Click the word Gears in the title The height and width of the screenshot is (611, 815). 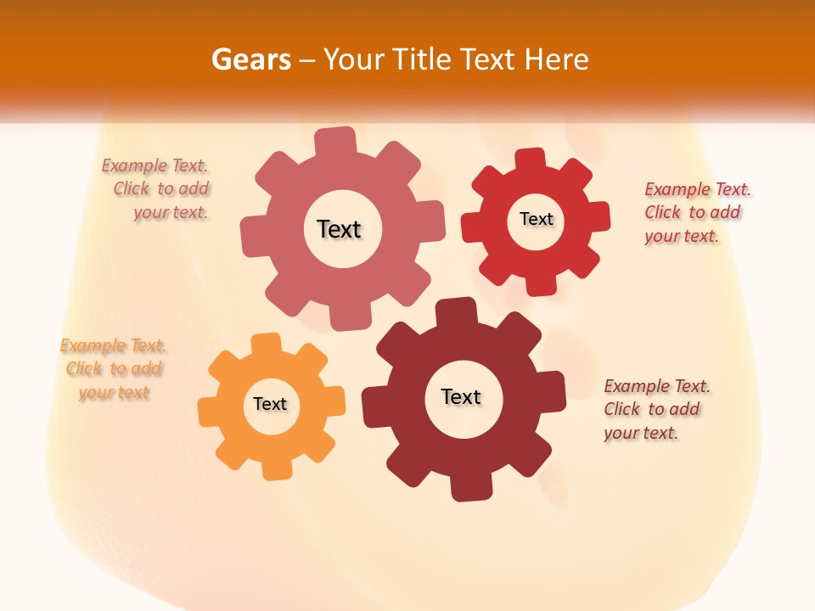[x=250, y=59]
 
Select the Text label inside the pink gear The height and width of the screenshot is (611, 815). [x=339, y=229]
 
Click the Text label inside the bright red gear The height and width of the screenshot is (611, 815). [x=537, y=219]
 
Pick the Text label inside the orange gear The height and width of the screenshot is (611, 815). [x=270, y=404]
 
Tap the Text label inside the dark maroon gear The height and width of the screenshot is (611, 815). [x=461, y=396]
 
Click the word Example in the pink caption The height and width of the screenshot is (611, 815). [x=133, y=165]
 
